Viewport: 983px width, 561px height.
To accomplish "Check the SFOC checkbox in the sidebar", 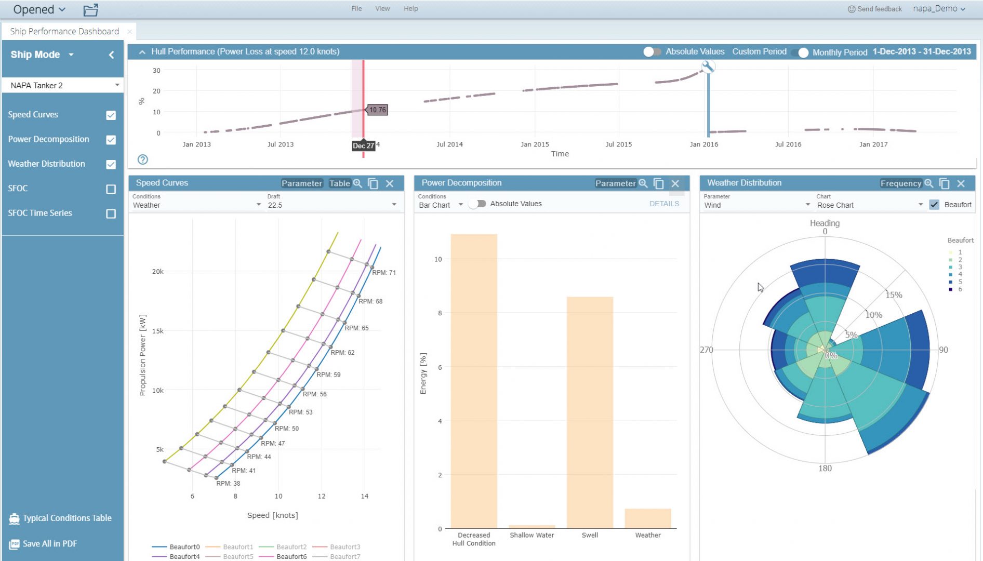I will (x=111, y=189).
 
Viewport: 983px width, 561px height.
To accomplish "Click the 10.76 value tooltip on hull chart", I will (x=378, y=110).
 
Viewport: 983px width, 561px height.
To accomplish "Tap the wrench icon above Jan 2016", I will (x=708, y=66).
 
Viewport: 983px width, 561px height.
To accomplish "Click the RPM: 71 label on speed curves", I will (x=384, y=273).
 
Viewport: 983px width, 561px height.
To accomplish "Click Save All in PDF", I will (x=49, y=544).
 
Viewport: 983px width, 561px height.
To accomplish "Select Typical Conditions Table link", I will (x=67, y=518).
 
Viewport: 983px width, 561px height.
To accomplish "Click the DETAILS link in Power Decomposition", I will (x=663, y=204).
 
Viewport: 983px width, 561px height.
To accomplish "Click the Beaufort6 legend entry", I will (x=291, y=556).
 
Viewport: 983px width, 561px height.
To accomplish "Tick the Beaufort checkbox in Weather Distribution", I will (x=934, y=205).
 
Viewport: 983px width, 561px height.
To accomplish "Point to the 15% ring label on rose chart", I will (x=894, y=295).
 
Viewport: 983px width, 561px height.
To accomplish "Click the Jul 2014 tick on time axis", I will (x=449, y=144).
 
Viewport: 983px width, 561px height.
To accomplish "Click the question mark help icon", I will (x=143, y=159).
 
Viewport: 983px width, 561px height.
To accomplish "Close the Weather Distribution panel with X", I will (x=961, y=183).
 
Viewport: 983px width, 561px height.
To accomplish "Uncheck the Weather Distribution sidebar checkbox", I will (x=111, y=165).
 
